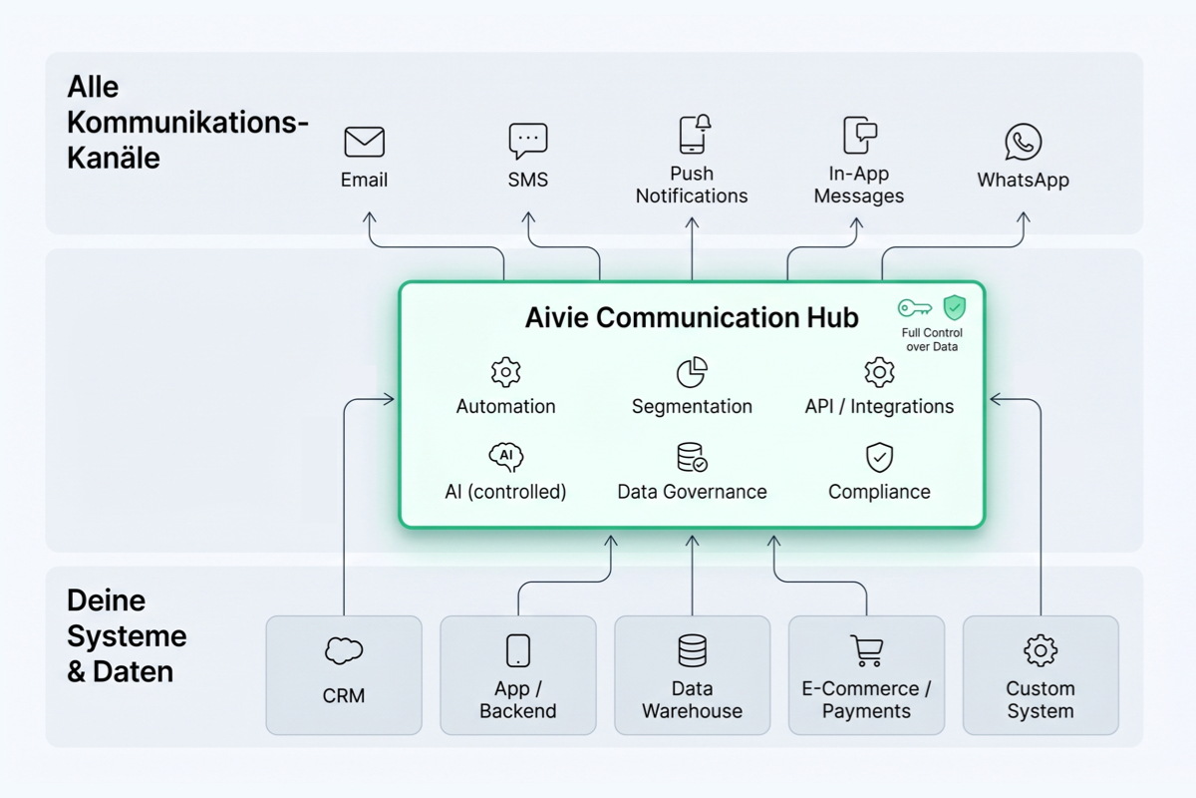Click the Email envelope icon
[x=364, y=142]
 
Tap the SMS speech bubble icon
[x=527, y=141]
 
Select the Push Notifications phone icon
[x=694, y=135]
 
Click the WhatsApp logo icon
[x=1023, y=142]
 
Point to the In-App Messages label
[x=858, y=185]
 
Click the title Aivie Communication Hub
[x=691, y=318]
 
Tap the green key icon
[x=914, y=307]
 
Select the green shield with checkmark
[x=954, y=307]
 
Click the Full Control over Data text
[x=933, y=339]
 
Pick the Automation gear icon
[x=505, y=372]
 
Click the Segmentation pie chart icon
[x=692, y=372]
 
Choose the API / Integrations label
[x=879, y=406]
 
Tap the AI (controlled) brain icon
[x=505, y=457]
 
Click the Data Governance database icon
[x=692, y=458]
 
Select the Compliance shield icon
[x=879, y=458]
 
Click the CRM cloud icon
[x=344, y=651]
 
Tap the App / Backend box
[x=518, y=675]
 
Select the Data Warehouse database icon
[x=692, y=650]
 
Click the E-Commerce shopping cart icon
[x=866, y=650]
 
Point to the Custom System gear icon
[x=1041, y=650]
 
